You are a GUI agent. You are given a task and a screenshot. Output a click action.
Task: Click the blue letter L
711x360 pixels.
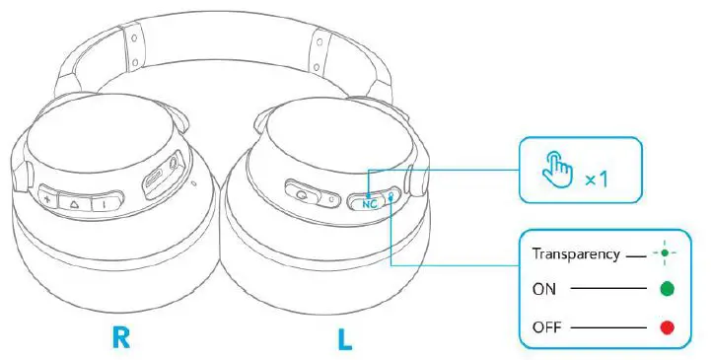pyautogui.click(x=344, y=337)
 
